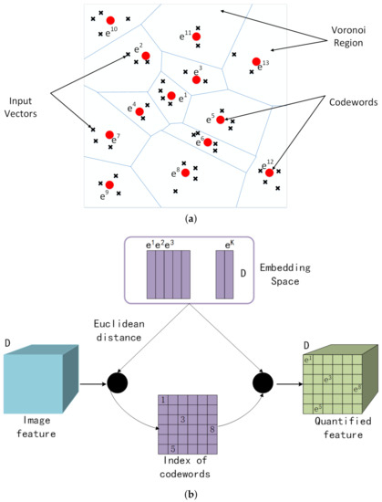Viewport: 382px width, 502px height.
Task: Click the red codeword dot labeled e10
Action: [x=109, y=20]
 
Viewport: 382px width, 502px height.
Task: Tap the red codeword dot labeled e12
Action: [x=269, y=173]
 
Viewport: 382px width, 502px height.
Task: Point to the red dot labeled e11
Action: [x=196, y=37]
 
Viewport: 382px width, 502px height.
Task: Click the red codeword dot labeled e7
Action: [x=110, y=135]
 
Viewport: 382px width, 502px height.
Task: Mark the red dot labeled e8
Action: [x=185, y=172]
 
